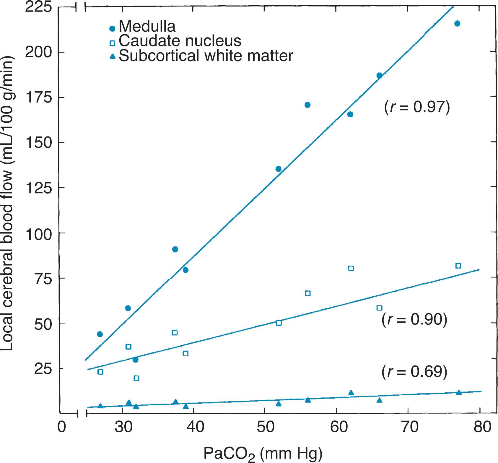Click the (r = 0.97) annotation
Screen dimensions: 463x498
[417, 107]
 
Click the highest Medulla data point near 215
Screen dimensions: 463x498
[457, 24]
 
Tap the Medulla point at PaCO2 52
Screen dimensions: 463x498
[278, 169]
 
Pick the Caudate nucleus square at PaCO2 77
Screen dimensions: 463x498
[458, 266]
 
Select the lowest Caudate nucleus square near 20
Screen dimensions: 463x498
[136, 378]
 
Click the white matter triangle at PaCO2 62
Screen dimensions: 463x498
[351, 393]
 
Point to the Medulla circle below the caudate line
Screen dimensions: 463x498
[135, 360]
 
